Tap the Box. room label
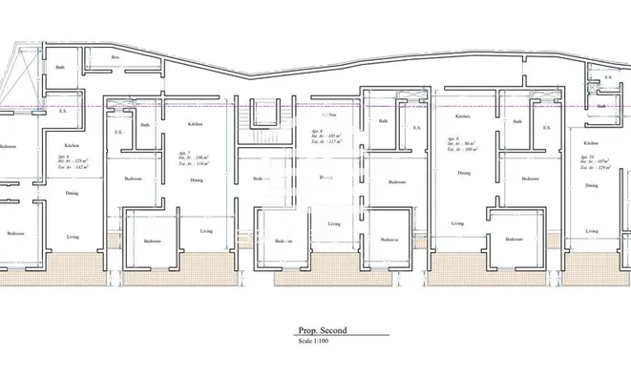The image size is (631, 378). pos(116,58)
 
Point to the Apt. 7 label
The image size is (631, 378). pos(185,153)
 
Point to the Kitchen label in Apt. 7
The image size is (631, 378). pos(195,124)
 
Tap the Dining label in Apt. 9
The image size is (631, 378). pos(463,173)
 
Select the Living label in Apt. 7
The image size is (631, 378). pos(206,231)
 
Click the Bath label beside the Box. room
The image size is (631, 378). pos(60,67)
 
